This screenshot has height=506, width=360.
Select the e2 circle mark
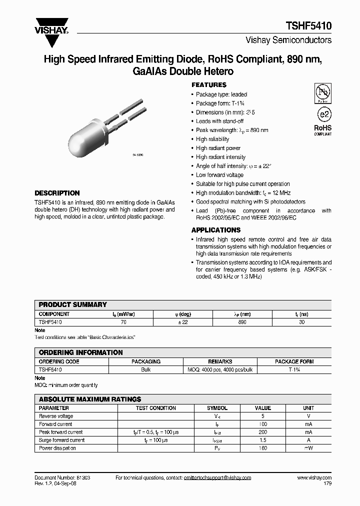coord(324,113)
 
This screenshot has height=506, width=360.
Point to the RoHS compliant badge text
coord(322,129)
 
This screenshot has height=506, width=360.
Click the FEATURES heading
coord(209,85)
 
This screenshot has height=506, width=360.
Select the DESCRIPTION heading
coord(57,193)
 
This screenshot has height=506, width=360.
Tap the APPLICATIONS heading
coord(216,230)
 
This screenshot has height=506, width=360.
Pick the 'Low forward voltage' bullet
coord(219,175)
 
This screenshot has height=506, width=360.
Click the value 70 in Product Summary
coord(124,322)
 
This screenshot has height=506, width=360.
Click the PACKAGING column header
coord(146,361)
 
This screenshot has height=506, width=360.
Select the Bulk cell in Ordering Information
coord(146,369)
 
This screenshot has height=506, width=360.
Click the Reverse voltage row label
coord(56,416)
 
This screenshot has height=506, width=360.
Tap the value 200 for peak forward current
coord(263,432)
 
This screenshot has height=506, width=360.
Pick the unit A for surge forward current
coord(308,440)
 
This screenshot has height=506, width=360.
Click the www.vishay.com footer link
coord(314,478)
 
